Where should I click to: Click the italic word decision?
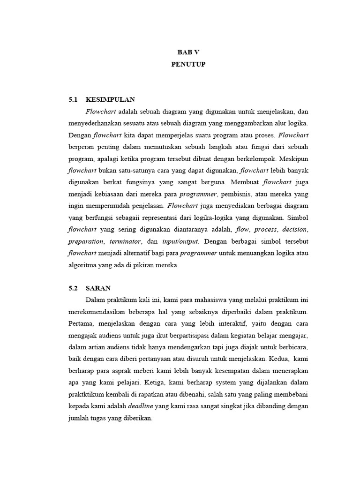tap(294, 230)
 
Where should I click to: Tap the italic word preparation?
tap(86, 241)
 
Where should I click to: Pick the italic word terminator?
tap(125, 241)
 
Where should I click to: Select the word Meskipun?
tap(293, 159)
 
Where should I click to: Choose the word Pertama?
tap(81, 323)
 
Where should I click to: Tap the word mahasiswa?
tap(198, 300)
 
